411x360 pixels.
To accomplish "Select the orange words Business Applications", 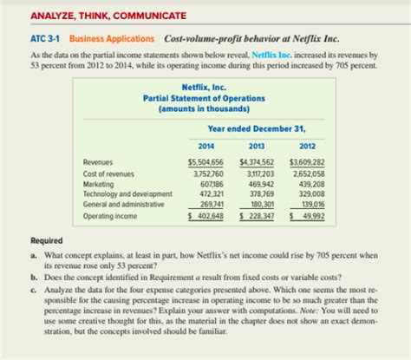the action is [112, 38].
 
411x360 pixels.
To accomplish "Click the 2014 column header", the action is [205, 145].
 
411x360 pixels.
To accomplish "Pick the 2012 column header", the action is [306, 145].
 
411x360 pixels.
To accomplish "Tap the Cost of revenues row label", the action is [109, 172].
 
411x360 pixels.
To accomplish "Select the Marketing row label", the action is [99, 182].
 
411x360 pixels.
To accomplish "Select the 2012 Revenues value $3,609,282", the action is [306, 162].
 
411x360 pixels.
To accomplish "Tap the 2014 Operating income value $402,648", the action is [206, 214].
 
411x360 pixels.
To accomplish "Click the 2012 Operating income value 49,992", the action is [310, 214].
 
